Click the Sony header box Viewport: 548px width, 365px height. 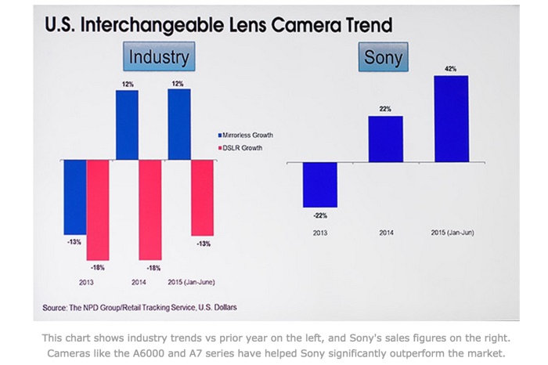(x=384, y=58)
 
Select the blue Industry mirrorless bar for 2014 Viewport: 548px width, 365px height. (x=128, y=125)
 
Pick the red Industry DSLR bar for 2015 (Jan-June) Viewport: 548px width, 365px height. (x=203, y=197)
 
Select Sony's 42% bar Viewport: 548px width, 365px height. (x=451, y=118)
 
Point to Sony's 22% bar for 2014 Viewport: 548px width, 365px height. (x=385, y=139)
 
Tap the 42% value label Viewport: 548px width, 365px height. (x=452, y=69)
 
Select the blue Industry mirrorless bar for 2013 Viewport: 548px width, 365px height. (x=75, y=197)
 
